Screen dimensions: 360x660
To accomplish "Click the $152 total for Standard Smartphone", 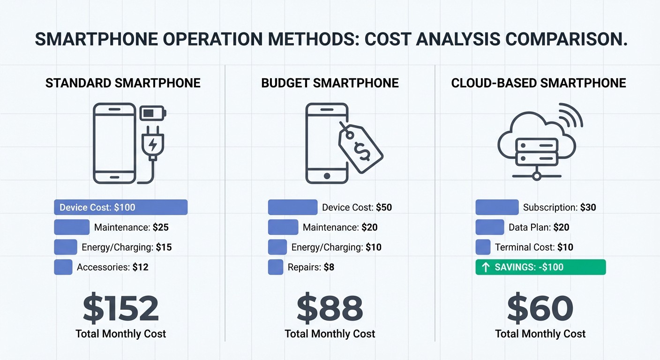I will tap(121, 308).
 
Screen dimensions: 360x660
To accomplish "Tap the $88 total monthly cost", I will tap(330, 308).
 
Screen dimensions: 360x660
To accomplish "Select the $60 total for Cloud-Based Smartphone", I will tap(540, 308).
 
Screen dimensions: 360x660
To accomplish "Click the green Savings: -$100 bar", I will tap(540, 267).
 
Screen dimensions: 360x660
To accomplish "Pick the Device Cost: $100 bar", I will tap(120, 207).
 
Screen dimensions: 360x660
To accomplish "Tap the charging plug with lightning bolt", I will tap(152, 143).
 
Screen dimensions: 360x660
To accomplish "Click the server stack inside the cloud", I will tap(537, 151).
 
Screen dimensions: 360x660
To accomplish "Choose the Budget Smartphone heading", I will tap(330, 83).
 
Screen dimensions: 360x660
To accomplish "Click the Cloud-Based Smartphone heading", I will tap(539, 83).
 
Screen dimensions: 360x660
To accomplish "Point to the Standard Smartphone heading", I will tap(123, 83).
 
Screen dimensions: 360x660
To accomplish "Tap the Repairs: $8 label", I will tap(311, 267).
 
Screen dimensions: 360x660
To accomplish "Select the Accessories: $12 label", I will tap(112, 267).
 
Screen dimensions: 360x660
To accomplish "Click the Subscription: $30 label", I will tap(559, 207).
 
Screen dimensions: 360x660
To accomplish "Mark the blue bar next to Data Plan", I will tap(489, 227).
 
